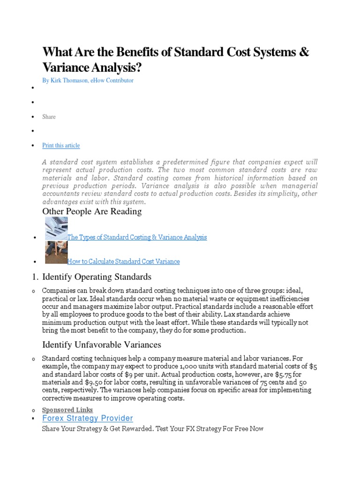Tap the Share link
click(49, 117)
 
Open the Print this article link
click(61, 145)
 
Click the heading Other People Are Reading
click(92, 211)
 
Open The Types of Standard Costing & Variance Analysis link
click(137, 237)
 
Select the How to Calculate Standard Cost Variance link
click(123, 262)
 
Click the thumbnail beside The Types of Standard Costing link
click(56, 229)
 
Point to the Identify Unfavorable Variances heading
click(102, 345)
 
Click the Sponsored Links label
click(67, 410)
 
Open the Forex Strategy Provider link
click(88, 418)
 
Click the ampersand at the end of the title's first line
click(304, 52)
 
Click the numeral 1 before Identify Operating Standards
click(34, 277)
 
